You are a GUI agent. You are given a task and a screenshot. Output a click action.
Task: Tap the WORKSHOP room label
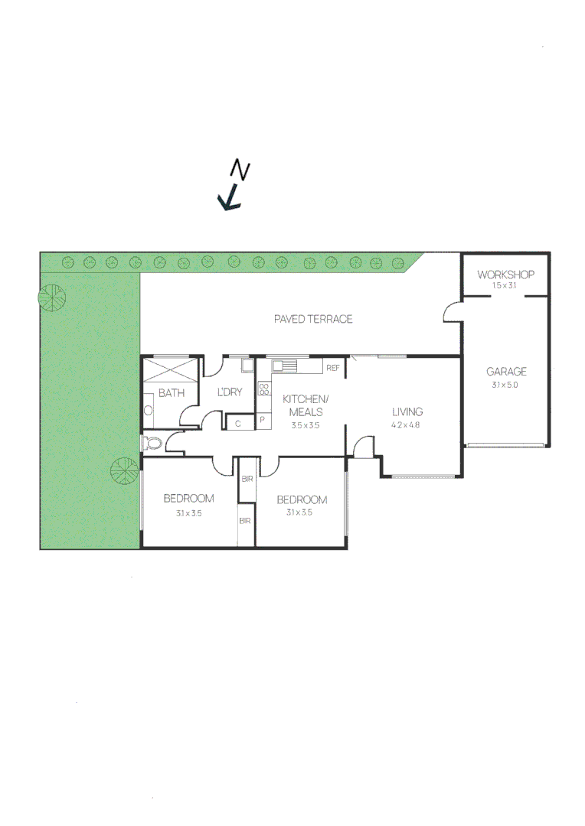coord(505,275)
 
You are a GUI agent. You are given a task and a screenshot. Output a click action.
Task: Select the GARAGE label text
coord(506,372)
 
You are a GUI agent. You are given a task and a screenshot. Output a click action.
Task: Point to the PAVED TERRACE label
coord(313,319)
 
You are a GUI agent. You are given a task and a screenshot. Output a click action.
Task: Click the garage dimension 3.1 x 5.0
coord(505,385)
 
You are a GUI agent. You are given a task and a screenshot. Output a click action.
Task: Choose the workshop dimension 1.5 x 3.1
coord(505,285)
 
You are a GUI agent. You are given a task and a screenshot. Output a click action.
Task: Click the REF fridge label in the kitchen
coord(333,368)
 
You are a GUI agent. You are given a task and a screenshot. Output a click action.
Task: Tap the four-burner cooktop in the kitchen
coord(264,389)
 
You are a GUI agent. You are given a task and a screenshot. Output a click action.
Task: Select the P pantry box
coord(263,420)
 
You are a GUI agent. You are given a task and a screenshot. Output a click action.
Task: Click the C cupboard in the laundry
coord(239,423)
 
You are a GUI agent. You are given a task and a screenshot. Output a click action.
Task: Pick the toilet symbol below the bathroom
coord(153,443)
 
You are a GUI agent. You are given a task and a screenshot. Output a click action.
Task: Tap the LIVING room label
coord(407,411)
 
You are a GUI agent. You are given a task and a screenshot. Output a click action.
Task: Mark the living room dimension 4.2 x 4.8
coord(406,424)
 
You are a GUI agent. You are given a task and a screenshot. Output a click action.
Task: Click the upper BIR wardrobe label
coord(247,479)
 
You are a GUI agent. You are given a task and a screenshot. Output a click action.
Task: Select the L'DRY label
coord(230,392)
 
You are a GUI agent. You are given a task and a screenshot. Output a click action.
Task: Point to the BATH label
coord(172,394)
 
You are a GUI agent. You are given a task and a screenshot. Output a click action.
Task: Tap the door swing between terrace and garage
coord(453,313)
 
